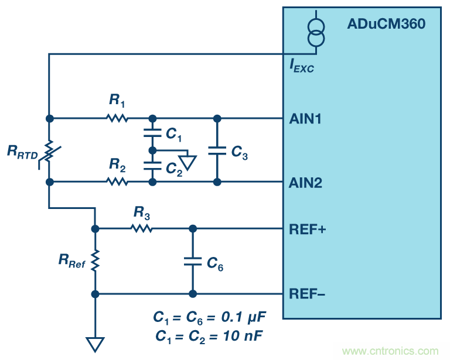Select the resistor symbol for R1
[x=117, y=118]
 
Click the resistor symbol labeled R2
[x=117, y=182]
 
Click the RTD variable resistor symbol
[x=49, y=150]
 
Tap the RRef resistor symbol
[x=95, y=261]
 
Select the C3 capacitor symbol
[x=217, y=150]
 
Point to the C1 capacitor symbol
[x=152, y=134]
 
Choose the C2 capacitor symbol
[x=152, y=166]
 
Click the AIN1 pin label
[x=305, y=119]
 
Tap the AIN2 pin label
[x=305, y=183]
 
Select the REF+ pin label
[x=308, y=229]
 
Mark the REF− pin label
[x=308, y=294]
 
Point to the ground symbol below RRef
[x=95, y=344]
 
